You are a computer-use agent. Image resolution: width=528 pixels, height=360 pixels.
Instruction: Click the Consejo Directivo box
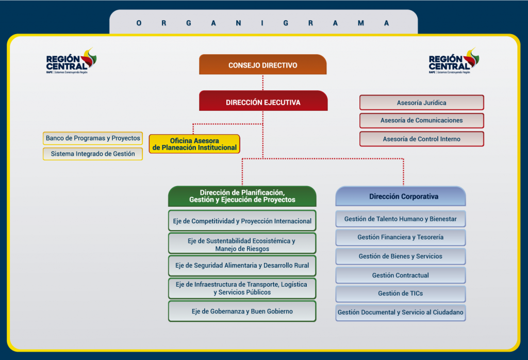pos(263,65)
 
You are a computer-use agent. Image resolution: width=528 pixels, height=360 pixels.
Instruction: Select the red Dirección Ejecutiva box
pos(263,102)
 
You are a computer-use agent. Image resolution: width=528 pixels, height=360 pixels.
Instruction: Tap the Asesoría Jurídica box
pos(421,103)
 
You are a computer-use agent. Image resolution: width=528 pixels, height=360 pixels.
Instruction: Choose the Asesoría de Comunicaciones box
pos(421,121)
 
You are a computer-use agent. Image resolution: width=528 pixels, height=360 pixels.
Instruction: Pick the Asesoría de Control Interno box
pos(421,139)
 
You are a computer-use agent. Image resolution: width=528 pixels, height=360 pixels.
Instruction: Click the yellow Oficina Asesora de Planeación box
pos(194,144)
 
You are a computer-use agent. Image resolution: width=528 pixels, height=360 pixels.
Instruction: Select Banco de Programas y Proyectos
pos(93,138)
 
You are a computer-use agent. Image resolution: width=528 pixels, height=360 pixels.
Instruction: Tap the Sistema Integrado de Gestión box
pos(93,154)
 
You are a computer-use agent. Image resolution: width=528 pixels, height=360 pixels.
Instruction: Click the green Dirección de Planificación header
pos(242,196)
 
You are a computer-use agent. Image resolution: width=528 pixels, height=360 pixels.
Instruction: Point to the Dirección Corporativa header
pos(401,197)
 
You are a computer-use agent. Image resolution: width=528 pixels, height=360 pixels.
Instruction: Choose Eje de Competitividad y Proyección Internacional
pos(242,221)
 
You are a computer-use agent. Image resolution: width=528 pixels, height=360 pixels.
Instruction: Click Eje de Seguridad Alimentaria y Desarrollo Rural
pos(242,266)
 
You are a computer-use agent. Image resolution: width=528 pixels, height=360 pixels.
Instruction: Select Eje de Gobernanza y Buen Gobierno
pos(242,311)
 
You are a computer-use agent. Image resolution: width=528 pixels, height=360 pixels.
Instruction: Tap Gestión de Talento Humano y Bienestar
pos(401,219)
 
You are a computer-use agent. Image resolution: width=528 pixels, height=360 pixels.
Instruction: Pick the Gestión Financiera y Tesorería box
pos(401,237)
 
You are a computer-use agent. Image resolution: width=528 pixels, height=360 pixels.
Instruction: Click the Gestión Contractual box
pos(401,275)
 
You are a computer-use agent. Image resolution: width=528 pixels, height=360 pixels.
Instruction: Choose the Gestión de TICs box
pos(401,293)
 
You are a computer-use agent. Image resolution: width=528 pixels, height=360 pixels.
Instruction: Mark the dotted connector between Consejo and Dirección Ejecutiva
pos(263,83)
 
